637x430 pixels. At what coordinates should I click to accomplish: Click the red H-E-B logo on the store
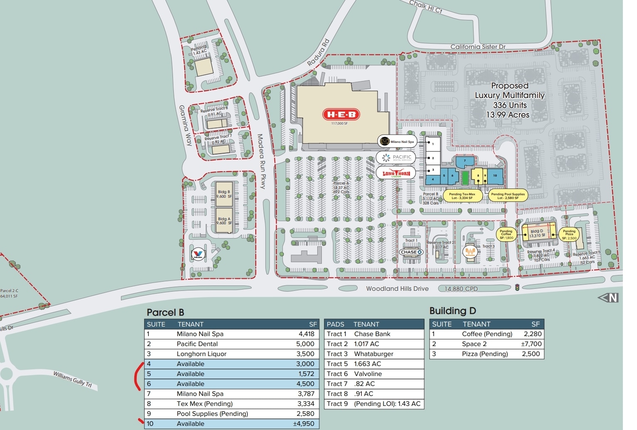(x=341, y=114)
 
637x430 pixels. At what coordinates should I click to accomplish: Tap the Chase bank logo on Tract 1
(x=411, y=252)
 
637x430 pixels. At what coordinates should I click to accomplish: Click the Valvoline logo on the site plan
(x=198, y=254)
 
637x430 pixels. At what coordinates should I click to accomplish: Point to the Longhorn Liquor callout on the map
(x=396, y=173)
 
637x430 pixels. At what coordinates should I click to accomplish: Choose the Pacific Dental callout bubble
(x=396, y=157)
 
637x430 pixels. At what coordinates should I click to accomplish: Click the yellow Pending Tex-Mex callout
(x=462, y=196)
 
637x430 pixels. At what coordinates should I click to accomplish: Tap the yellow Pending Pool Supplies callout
(x=508, y=196)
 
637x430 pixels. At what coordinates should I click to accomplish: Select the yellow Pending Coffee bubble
(x=506, y=235)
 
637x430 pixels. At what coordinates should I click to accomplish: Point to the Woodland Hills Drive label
(x=397, y=289)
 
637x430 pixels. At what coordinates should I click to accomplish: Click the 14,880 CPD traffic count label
(x=461, y=289)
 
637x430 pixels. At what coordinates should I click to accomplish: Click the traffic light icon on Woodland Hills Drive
(x=517, y=287)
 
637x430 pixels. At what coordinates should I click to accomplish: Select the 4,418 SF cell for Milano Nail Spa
(x=306, y=334)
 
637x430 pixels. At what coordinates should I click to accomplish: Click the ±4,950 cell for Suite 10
(x=306, y=424)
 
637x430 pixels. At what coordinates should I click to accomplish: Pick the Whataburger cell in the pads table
(x=373, y=354)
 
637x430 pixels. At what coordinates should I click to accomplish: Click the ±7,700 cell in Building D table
(x=531, y=344)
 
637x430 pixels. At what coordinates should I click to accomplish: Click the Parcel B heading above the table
(x=165, y=312)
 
